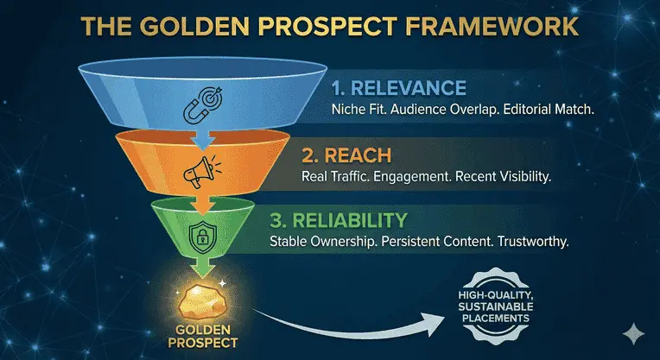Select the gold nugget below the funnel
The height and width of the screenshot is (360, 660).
pyautogui.click(x=200, y=293)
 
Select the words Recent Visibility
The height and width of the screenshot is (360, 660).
pyautogui.click(x=516, y=177)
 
